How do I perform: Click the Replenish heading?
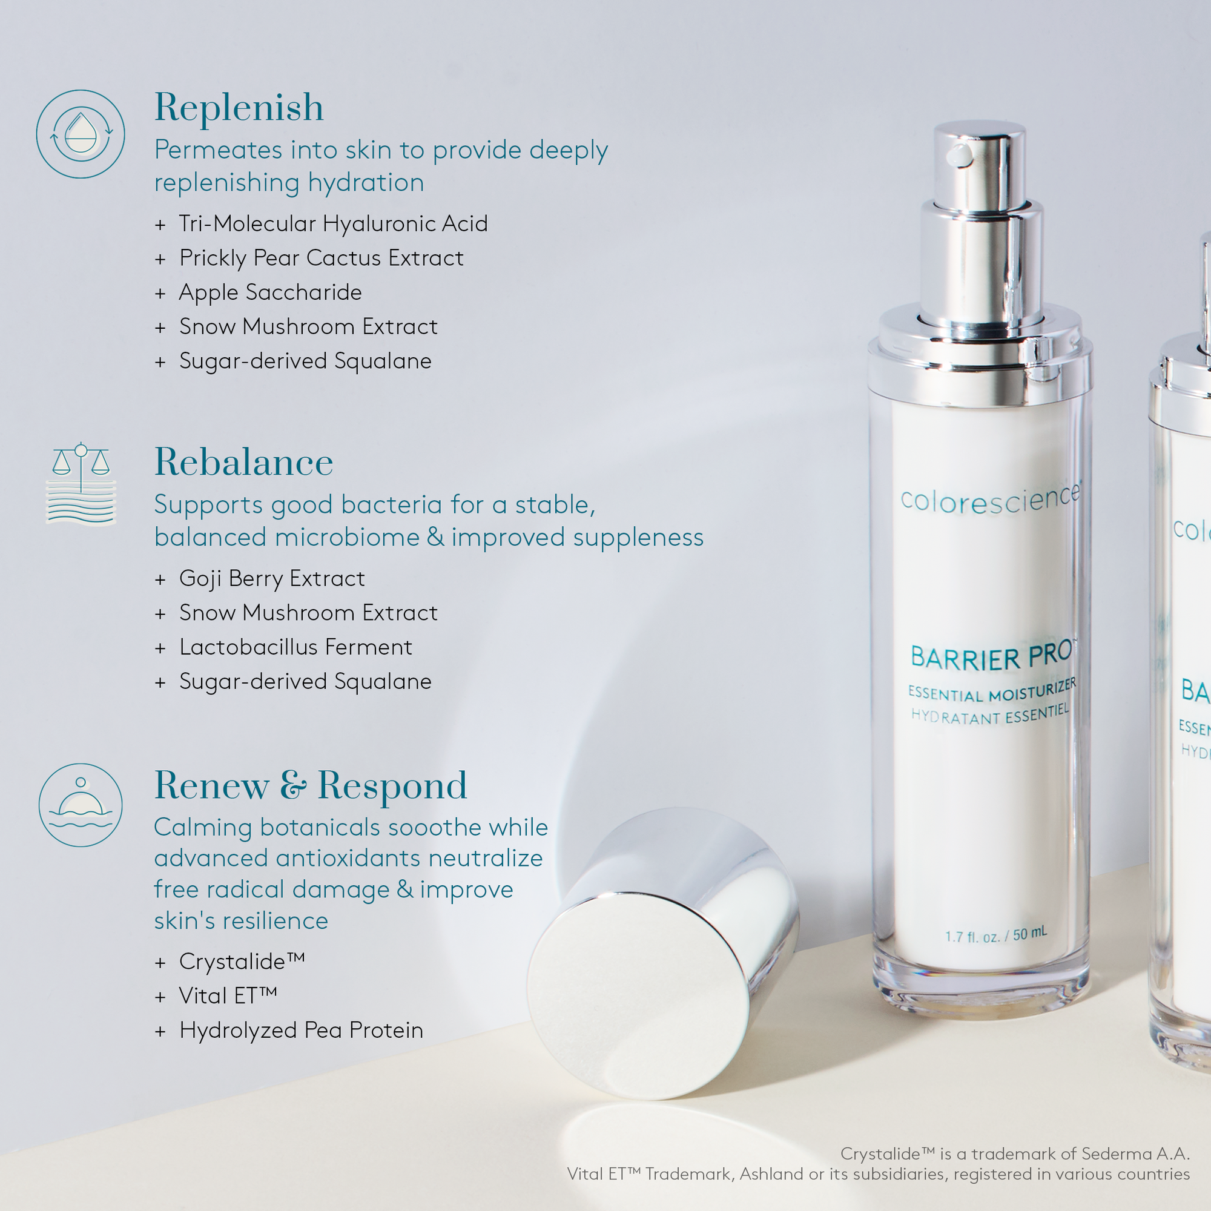[239, 108]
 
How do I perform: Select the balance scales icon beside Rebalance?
[81, 483]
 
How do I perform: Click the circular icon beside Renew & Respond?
[81, 805]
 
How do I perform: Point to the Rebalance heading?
[243, 463]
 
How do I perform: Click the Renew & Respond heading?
[310, 785]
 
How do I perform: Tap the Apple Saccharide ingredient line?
[270, 292]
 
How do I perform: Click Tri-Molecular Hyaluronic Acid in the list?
[333, 223]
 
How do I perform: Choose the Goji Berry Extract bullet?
[271, 578]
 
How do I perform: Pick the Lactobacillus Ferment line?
[295, 647]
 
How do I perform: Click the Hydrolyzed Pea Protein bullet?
[301, 1030]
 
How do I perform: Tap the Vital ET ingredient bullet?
[228, 995]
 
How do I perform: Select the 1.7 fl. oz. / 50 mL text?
[995, 936]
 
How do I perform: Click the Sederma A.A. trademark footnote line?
[1014, 1153]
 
